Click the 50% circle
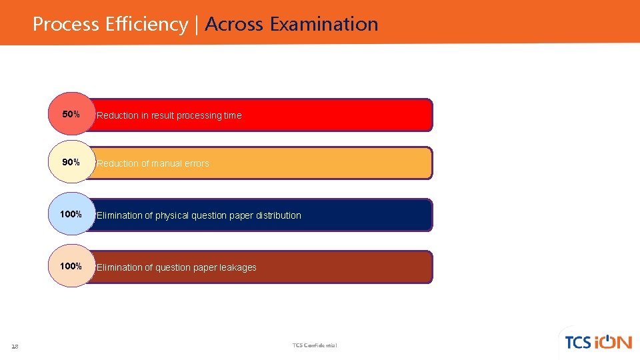(71, 114)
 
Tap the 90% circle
(71, 163)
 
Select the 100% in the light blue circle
(71, 214)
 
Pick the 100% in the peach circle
(71, 266)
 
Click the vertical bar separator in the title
(197, 25)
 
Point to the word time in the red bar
(233, 115)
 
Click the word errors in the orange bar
(196, 163)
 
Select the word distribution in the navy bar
(279, 215)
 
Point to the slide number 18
(15, 346)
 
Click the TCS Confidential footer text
(315, 345)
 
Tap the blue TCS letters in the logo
(577, 343)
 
